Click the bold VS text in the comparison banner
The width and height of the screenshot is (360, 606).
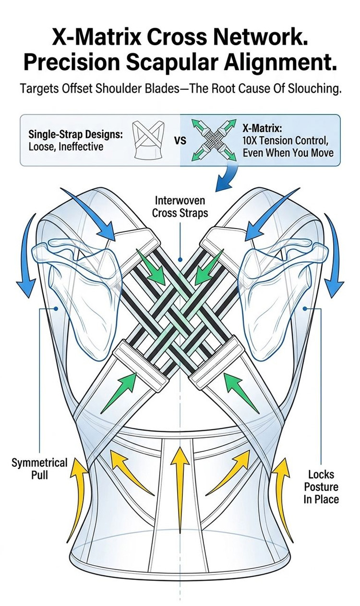point(180,140)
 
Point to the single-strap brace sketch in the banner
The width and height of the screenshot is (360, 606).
point(149,140)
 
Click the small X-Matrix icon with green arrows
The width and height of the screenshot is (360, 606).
point(214,140)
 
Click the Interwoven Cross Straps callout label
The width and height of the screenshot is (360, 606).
point(180,207)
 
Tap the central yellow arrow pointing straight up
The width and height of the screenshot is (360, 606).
point(179,484)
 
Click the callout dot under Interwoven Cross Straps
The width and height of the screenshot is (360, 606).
point(180,260)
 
